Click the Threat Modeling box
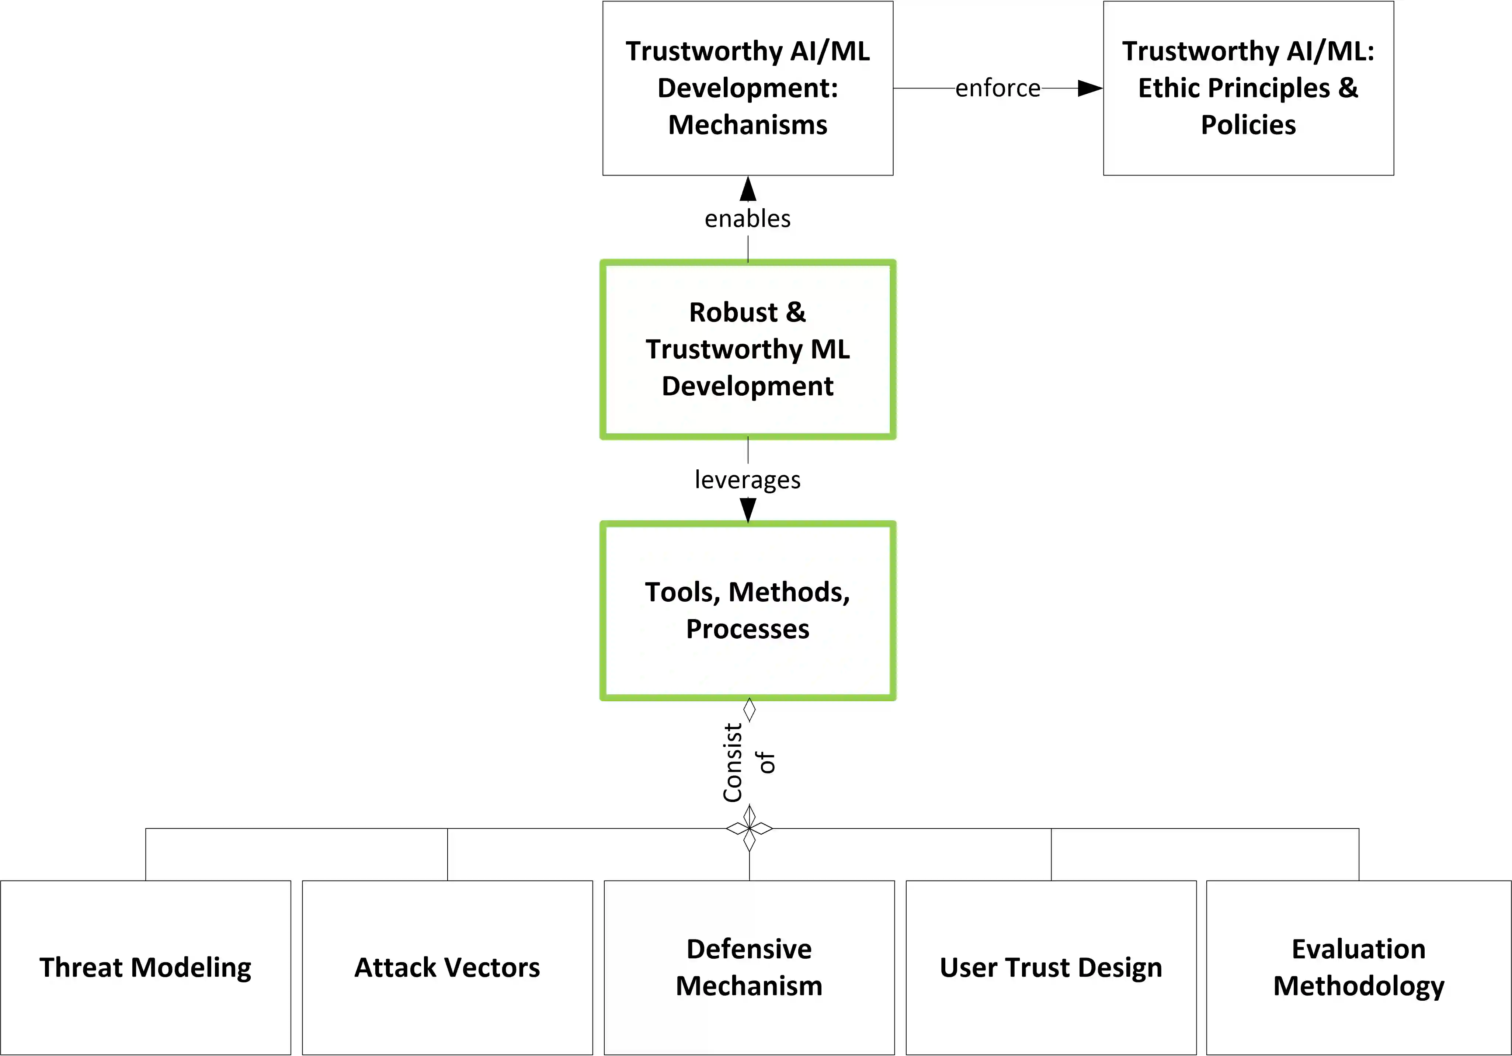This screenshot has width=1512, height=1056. click(146, 967)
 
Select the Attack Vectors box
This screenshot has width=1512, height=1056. click(447, 967)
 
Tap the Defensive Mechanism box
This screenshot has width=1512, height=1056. click(749, 967)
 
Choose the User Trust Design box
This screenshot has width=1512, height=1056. click(1051, 967)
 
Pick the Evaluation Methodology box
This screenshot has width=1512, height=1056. click(1359, 967)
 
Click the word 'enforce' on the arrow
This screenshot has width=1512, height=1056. click(998, 88)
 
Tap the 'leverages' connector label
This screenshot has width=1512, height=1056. click(747, 480)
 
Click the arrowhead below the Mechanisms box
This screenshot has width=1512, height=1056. click(747, 189)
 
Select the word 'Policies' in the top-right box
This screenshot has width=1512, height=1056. click(1248, 125)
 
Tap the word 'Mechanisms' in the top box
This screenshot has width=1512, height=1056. click(747, 125)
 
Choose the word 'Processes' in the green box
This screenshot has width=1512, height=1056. click(747, 629)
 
